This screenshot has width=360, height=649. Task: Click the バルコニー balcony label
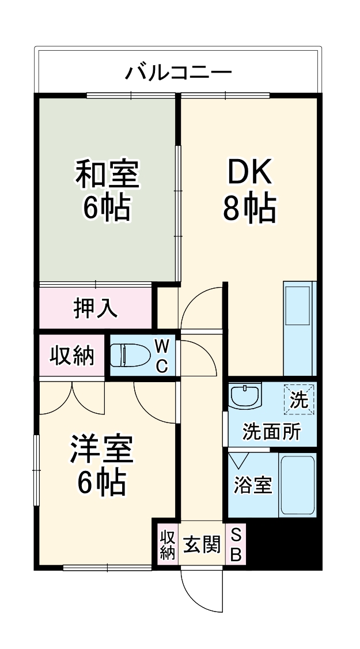[x=179, y=73]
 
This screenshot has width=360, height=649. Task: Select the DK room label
[x=249, y=171]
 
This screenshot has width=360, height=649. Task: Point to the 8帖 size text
[x=249, y=208]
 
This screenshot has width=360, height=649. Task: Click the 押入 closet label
[x=96, y=308]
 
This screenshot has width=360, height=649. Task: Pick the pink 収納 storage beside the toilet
[x=72, y=356]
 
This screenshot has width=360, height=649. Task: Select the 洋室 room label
[x=103, y=449]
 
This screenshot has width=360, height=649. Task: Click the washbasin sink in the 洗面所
[x=244, y=397]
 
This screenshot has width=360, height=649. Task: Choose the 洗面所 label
[x=271, y=431]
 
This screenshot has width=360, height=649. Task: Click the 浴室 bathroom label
[x=252, y=485]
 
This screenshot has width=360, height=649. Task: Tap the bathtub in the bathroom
[x=297, y=485]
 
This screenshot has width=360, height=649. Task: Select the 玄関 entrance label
[x=201, y=544]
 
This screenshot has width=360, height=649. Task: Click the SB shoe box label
[x=236, y=545]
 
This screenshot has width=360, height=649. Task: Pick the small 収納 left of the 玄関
[x=167, y=545]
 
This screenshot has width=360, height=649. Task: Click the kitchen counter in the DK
[x=298, y=329]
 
